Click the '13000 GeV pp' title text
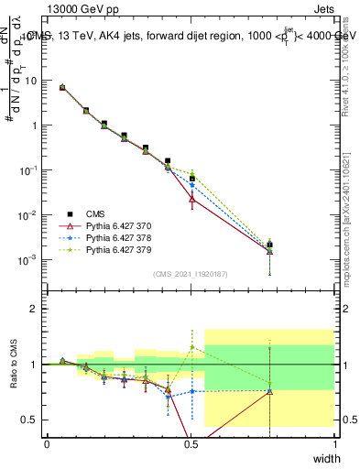click(82, 9)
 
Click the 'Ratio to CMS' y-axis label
click(14, 365)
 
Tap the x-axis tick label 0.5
click(191, 443)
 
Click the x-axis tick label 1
click(334, 443)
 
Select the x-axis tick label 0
click(47, 443)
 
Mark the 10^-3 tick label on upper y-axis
click(27, 260)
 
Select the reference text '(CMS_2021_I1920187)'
click(191, 274)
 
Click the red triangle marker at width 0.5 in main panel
click(191, 198)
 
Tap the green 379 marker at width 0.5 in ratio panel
click(191, 347)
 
